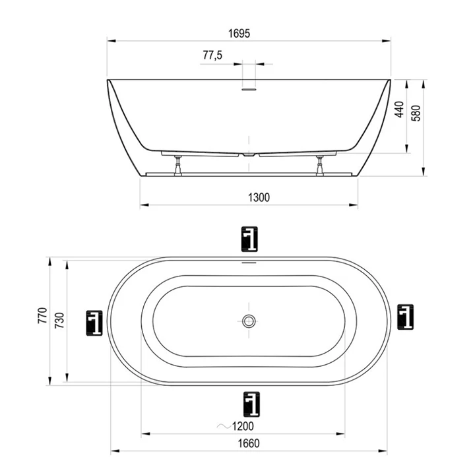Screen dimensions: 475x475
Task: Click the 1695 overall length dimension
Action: point(239,34)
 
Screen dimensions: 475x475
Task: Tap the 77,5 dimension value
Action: point(212,55)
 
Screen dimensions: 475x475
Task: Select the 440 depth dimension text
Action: point(400,110)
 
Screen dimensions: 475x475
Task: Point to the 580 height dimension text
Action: point(416,113)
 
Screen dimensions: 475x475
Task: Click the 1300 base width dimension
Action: point(259,197)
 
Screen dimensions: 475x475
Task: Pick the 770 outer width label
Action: point(43,315)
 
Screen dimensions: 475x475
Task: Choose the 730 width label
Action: point(59,321)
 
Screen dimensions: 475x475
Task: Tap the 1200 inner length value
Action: point(243,426)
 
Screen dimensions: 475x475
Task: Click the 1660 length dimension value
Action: point(249,443)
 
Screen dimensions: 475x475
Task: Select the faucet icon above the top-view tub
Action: point(249,239)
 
